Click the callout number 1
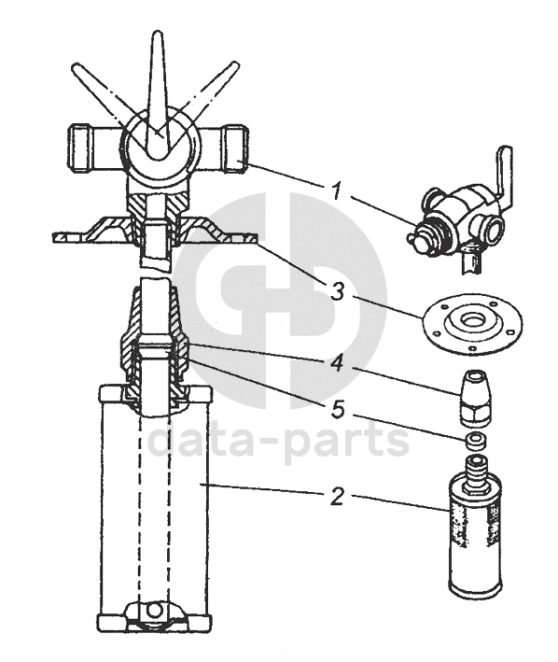tap(336, 191)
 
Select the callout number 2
tap(338, 497)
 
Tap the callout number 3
tap(338, 291)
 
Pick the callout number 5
tap(338, 410)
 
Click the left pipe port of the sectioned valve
tap(93, 148)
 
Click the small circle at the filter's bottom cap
tap(154, 610)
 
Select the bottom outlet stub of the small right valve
tap(469, 261)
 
